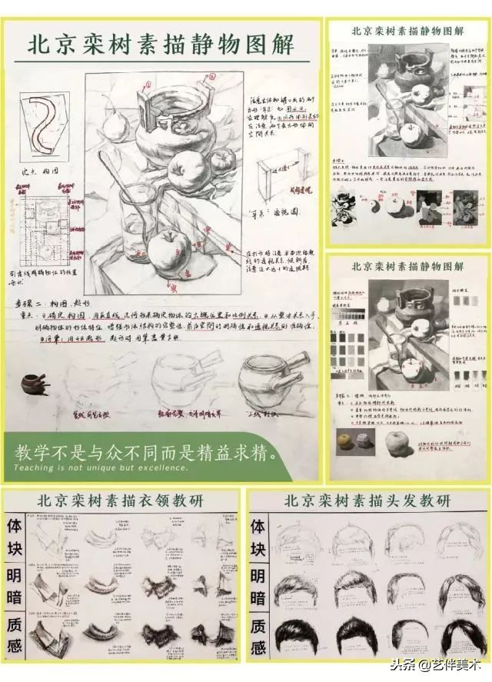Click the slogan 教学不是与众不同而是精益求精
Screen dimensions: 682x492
coord(145,452)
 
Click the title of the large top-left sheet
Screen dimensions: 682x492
coord(161,44)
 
